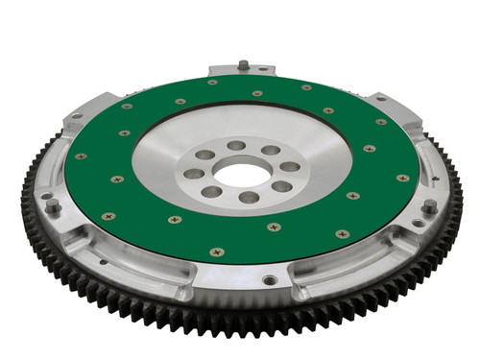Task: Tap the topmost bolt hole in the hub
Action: [235, 146]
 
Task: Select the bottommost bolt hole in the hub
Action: [247, 198]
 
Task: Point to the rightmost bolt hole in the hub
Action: [285, 166]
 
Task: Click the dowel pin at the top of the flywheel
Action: [244, 65]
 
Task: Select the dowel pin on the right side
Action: [429, 204]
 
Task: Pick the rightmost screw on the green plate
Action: [402, 178]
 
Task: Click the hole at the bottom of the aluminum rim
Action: [272, 280]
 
